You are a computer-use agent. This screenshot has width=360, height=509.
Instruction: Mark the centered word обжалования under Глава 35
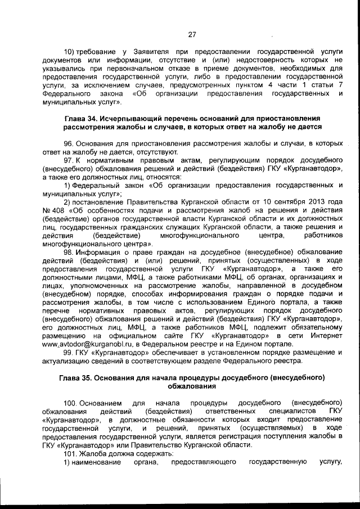(192, 386)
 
